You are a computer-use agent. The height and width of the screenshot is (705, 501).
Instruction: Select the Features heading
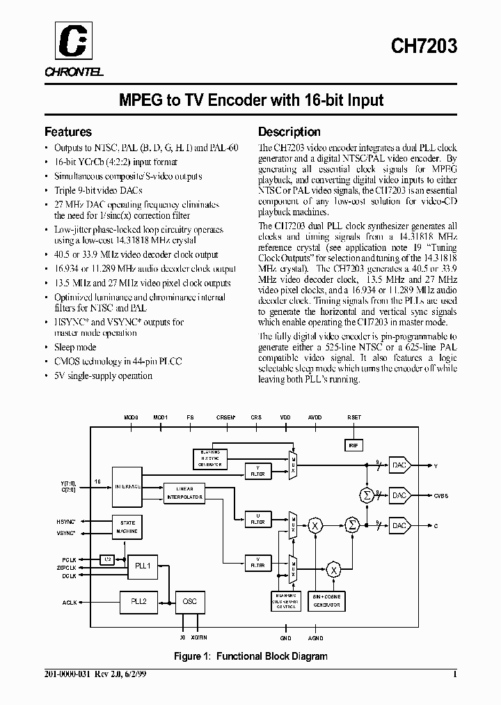click(x=67, y=132)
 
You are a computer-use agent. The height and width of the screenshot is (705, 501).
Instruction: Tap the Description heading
click(x=289, y=132)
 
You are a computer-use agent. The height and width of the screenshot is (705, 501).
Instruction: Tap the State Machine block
click(x=129, y=527)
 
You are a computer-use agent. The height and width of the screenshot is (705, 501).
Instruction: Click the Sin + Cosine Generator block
click(x=326, y=603)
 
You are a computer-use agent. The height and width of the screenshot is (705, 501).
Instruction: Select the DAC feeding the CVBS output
click(x=399, y=495)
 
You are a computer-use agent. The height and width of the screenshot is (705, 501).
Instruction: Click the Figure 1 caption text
click(x=250, y=656)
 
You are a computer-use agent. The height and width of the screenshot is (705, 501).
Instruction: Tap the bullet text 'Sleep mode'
click(x=75, y=347)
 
